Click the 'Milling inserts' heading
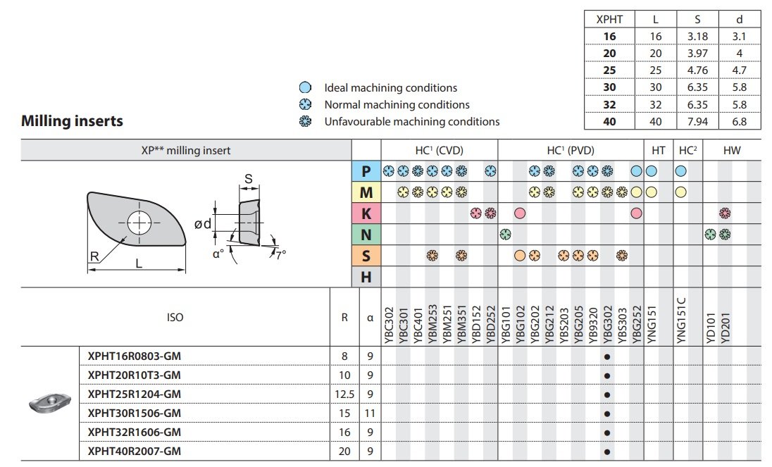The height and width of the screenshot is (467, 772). (x=73, y=121)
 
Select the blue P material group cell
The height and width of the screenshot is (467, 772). (x=366, y=171)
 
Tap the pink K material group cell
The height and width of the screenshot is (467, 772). (x=366, y=213)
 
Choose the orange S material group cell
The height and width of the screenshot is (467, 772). (x=366, y=255)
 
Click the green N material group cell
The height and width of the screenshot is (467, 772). (x=366, y=235)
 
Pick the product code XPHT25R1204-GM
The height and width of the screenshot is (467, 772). (x=130, y=394)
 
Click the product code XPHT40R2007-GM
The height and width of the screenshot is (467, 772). (x=130, y=450)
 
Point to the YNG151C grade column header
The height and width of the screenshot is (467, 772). (x=681, y=318)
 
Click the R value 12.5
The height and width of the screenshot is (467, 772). (x=344, y=394)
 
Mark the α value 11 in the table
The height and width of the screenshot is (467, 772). (x=370, y=413)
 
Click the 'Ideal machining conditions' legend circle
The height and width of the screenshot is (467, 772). (x=306, y=88)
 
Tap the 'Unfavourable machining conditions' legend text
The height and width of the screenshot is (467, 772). (x=411, y=121)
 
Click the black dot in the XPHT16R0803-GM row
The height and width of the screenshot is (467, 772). (x=607, y=356)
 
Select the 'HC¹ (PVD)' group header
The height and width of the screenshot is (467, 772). (x=570, y=150)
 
